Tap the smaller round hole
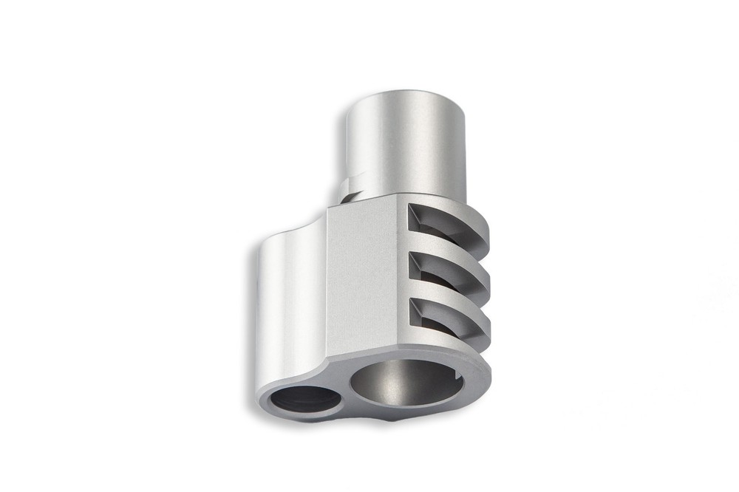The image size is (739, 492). tap(305, 400)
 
